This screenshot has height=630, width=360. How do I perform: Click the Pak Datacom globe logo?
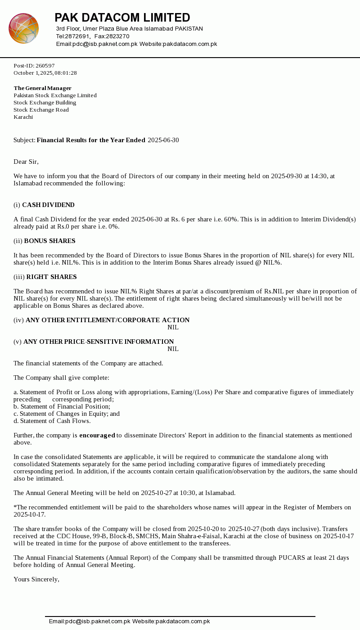point(23,28)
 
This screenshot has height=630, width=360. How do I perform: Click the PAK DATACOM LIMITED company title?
point(122,18)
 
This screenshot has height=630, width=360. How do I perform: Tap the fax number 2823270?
point(118,36)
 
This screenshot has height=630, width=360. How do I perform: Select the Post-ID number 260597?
point(45,66)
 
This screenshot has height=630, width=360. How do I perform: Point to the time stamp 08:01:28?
point(66,73)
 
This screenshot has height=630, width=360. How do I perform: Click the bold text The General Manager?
point(42,88)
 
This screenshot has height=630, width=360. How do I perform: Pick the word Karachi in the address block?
point(23,117)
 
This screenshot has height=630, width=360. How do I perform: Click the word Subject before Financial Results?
point(24,140)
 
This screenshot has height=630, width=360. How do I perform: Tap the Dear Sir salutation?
point(26,162)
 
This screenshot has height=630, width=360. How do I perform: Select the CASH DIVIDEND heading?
point(48,205)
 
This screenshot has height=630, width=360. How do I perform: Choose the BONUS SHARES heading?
point(49,241)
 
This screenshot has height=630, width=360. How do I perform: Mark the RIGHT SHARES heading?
point(51,277)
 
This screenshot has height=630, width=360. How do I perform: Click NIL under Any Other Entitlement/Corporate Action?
point(173,328)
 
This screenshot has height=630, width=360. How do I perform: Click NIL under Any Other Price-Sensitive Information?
point(173,349)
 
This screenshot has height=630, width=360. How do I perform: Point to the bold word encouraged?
point(97,436)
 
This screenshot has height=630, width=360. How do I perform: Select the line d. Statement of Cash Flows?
point(52,421)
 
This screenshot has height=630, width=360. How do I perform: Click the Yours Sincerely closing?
point(36,580)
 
